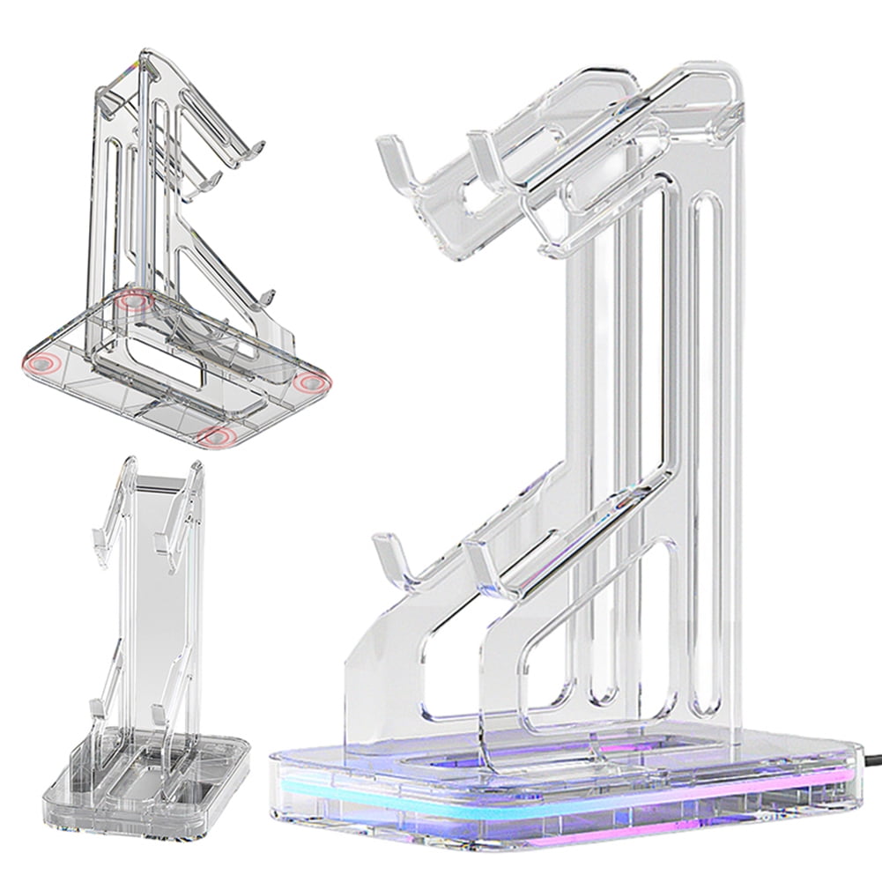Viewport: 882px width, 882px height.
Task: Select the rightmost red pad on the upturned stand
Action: point(313,382)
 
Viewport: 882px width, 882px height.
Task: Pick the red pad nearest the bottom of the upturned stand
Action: point(216,436)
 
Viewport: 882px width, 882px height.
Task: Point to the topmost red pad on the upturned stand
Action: point(134,300)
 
